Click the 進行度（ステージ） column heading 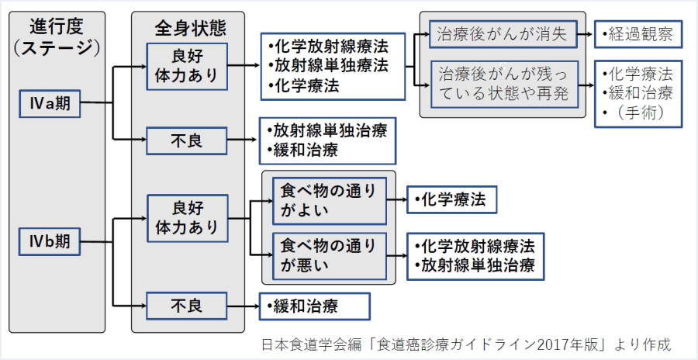point(57,37)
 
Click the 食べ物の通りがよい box point(329,200)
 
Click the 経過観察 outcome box point(638,34)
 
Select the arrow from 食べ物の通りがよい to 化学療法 point(396,200)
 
